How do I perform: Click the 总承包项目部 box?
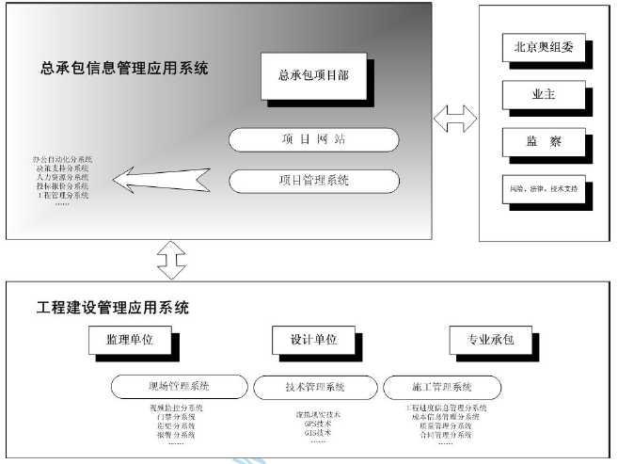[313, 76]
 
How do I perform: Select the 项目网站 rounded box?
[313, 139]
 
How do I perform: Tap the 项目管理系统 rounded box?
[313, 179]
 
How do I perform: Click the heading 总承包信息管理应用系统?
[124, 69]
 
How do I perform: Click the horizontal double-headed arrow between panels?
[456, 120]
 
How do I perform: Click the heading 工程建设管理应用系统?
[113, 307]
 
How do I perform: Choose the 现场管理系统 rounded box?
[179, 386]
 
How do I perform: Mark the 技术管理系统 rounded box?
[314, 386]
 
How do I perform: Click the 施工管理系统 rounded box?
[442, 386]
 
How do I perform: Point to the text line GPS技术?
[314, 424]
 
